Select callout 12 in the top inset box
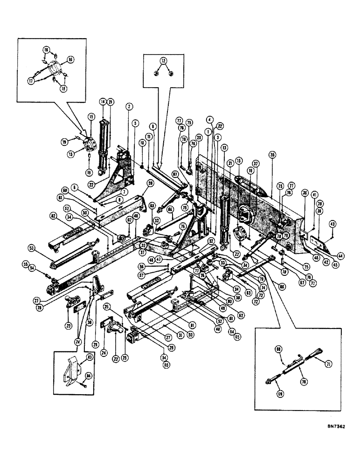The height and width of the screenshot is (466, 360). (163, 61)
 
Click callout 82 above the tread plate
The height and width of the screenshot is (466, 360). (54, 216)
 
